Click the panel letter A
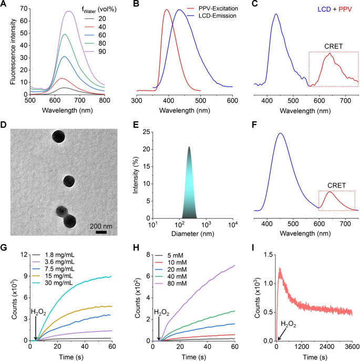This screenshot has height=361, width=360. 4,5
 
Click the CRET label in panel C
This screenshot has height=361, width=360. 330,46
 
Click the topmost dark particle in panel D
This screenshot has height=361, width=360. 59,137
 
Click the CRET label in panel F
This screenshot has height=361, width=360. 330,185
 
